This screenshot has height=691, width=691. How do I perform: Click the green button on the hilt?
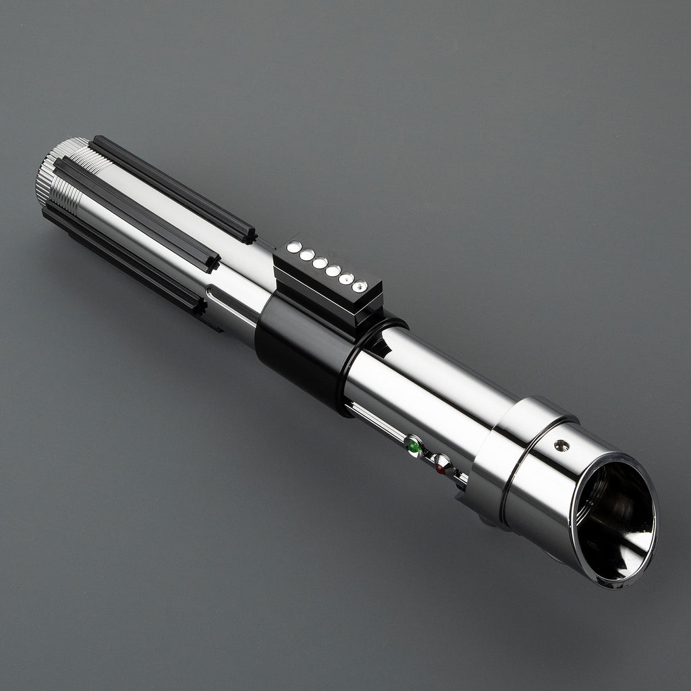tap(413, 446)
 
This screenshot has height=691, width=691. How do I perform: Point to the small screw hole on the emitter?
tap(561, 445)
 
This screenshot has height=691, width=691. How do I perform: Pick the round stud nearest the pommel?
tap(294, 248)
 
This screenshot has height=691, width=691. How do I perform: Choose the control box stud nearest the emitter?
tap(360, 286)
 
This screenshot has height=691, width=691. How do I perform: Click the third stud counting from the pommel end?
tap(320, 262)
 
